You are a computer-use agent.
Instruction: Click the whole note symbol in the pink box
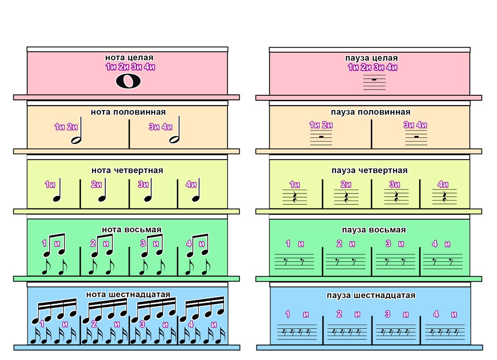click(x=128, y=82)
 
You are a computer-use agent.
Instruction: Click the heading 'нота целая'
click(x=129, y=58)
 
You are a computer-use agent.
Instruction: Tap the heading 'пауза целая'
click(x=372, y=58)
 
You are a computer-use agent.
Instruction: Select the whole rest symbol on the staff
click(x=374, y=79)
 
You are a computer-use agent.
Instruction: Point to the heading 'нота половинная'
click(x=128, y=112)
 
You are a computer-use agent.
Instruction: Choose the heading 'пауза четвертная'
click(x=369, y=170)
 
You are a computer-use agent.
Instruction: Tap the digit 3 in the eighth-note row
click(x=143, y=243)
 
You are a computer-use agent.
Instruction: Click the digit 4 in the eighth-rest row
click(x=434, y=244)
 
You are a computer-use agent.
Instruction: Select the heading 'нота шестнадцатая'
click(x=128, y=294)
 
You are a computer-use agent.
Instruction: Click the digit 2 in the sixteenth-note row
click(x=94, y=324)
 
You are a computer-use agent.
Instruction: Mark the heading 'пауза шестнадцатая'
click(x=371, y=295)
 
